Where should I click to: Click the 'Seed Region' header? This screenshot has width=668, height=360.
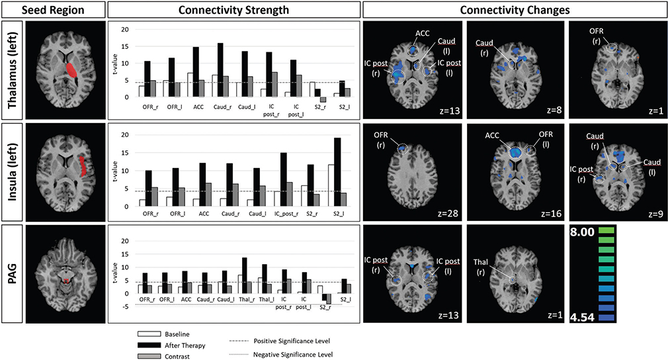(53, 10)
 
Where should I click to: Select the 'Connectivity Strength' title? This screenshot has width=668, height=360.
(233, 10)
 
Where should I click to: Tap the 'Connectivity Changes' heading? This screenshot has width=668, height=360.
(515, 10)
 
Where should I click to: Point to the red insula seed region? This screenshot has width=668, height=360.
(83, 166)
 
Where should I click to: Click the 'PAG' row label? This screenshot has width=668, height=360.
(13, 274)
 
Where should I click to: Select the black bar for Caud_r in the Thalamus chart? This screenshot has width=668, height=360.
(220, 70)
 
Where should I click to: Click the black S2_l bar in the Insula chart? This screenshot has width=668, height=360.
(337, 172)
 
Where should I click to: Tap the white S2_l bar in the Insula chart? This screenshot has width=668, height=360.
(331, 185)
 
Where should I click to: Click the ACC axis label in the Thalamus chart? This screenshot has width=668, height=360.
(198, 107)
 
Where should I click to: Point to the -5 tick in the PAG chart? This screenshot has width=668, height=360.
(125, 306)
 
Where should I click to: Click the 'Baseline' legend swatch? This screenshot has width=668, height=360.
(149, 334)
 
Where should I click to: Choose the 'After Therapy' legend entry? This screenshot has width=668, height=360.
(171, 345)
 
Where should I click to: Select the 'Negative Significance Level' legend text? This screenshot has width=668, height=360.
(293, 355)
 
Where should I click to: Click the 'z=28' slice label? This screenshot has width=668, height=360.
(448, 212)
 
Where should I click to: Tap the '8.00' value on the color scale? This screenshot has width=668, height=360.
(582, 232)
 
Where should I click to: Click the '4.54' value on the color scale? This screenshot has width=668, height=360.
(582, 318)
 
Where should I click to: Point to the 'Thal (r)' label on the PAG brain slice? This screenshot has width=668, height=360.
(481, 266)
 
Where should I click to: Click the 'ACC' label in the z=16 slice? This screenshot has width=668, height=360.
(492, 136)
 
